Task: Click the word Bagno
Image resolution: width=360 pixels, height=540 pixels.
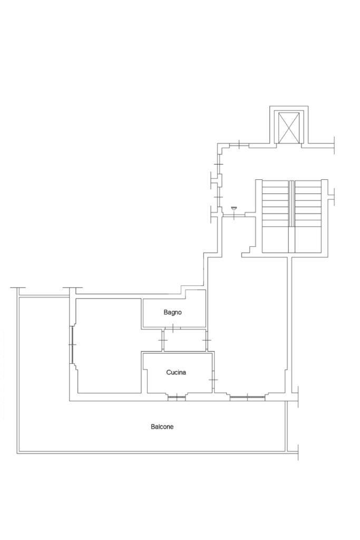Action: click(x=172, y=312)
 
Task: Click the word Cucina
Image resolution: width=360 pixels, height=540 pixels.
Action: click(x=176, y=372)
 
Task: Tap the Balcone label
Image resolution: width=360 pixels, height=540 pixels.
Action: click(x=162, y=427)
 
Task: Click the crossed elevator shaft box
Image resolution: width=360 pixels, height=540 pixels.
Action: click(x=288, y=127)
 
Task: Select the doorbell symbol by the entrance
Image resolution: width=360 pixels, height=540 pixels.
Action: click(x=234, y=208)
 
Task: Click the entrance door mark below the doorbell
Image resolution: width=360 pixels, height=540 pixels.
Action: click(x=234, y=215)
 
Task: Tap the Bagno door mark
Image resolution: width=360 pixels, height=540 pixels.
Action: click(x=172, y=327)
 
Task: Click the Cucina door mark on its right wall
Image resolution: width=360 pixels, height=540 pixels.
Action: click(x=213, y=380)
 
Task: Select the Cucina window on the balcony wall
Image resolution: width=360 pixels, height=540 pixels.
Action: click(x=177, y=397)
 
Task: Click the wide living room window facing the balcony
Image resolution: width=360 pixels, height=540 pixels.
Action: click(x=247, y=397)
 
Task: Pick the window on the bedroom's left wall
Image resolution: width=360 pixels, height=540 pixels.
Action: click(x=73, y=344)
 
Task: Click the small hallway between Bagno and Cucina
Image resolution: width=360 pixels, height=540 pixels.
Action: click(x=185, y=340)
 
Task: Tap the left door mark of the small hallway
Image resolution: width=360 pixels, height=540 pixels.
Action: click(x=162, y=340)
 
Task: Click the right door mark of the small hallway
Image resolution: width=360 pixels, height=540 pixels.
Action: click(x=207, y=340)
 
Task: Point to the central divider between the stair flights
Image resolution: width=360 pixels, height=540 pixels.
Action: click(x=291, y=203)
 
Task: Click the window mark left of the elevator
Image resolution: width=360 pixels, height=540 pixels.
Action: click(x=239, y=144)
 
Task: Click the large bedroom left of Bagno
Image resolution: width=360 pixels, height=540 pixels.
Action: click(x=109, y=345)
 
